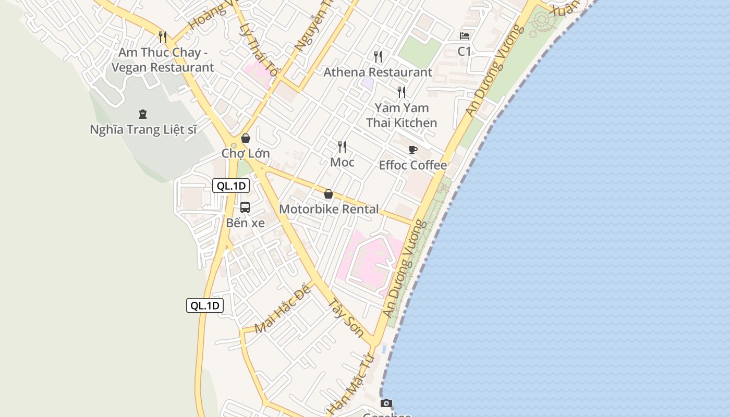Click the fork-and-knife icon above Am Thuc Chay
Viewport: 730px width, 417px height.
163,36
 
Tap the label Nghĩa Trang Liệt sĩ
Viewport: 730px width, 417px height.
143,130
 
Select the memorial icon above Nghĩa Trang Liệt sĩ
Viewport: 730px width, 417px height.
142,114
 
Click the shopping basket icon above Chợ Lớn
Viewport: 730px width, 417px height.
246,138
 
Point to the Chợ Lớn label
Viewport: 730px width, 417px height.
246,153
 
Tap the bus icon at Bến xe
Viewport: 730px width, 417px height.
245,207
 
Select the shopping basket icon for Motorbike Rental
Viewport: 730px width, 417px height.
328,194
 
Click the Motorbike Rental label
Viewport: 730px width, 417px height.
329,209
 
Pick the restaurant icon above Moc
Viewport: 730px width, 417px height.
342,147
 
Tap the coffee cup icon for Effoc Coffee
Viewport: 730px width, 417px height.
413,150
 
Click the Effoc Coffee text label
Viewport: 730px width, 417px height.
413,165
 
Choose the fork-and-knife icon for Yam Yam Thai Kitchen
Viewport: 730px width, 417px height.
401,92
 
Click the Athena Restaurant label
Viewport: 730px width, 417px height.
378,72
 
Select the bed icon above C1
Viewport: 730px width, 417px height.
465,36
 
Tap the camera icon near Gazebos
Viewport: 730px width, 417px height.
386,403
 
